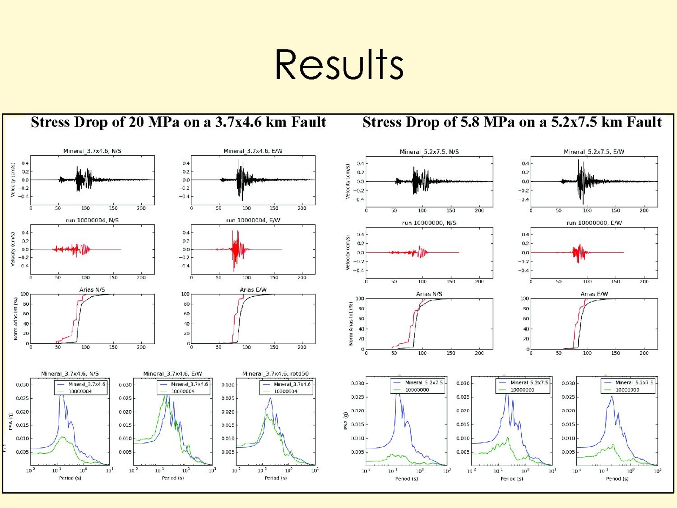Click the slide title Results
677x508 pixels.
[x=339, y=64]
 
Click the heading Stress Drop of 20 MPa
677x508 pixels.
[x=178, y=122]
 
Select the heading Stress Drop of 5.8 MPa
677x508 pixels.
[x=512, y=122]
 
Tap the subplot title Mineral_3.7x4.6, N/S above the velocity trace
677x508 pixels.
[x=92, y=151]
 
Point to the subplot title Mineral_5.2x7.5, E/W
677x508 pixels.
[x=594, y=152]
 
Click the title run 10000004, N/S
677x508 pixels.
[x=92, y=221]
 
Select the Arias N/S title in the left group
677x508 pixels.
[x=92, y=290]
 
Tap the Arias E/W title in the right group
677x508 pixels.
[x=594, y=294]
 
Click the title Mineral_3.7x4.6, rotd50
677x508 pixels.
[x=275, y=374]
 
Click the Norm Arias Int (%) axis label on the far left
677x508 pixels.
[x=16, y=318]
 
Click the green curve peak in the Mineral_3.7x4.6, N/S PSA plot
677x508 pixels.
[x=63, y=437]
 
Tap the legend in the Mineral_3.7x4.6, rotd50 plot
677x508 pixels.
[x=286, y=388]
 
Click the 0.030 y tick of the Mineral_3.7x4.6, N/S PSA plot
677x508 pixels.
[x=22, y=385]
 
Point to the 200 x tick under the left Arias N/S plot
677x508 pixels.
[x=141, y=348]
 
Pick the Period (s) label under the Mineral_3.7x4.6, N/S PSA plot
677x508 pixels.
[x=70, y=478]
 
